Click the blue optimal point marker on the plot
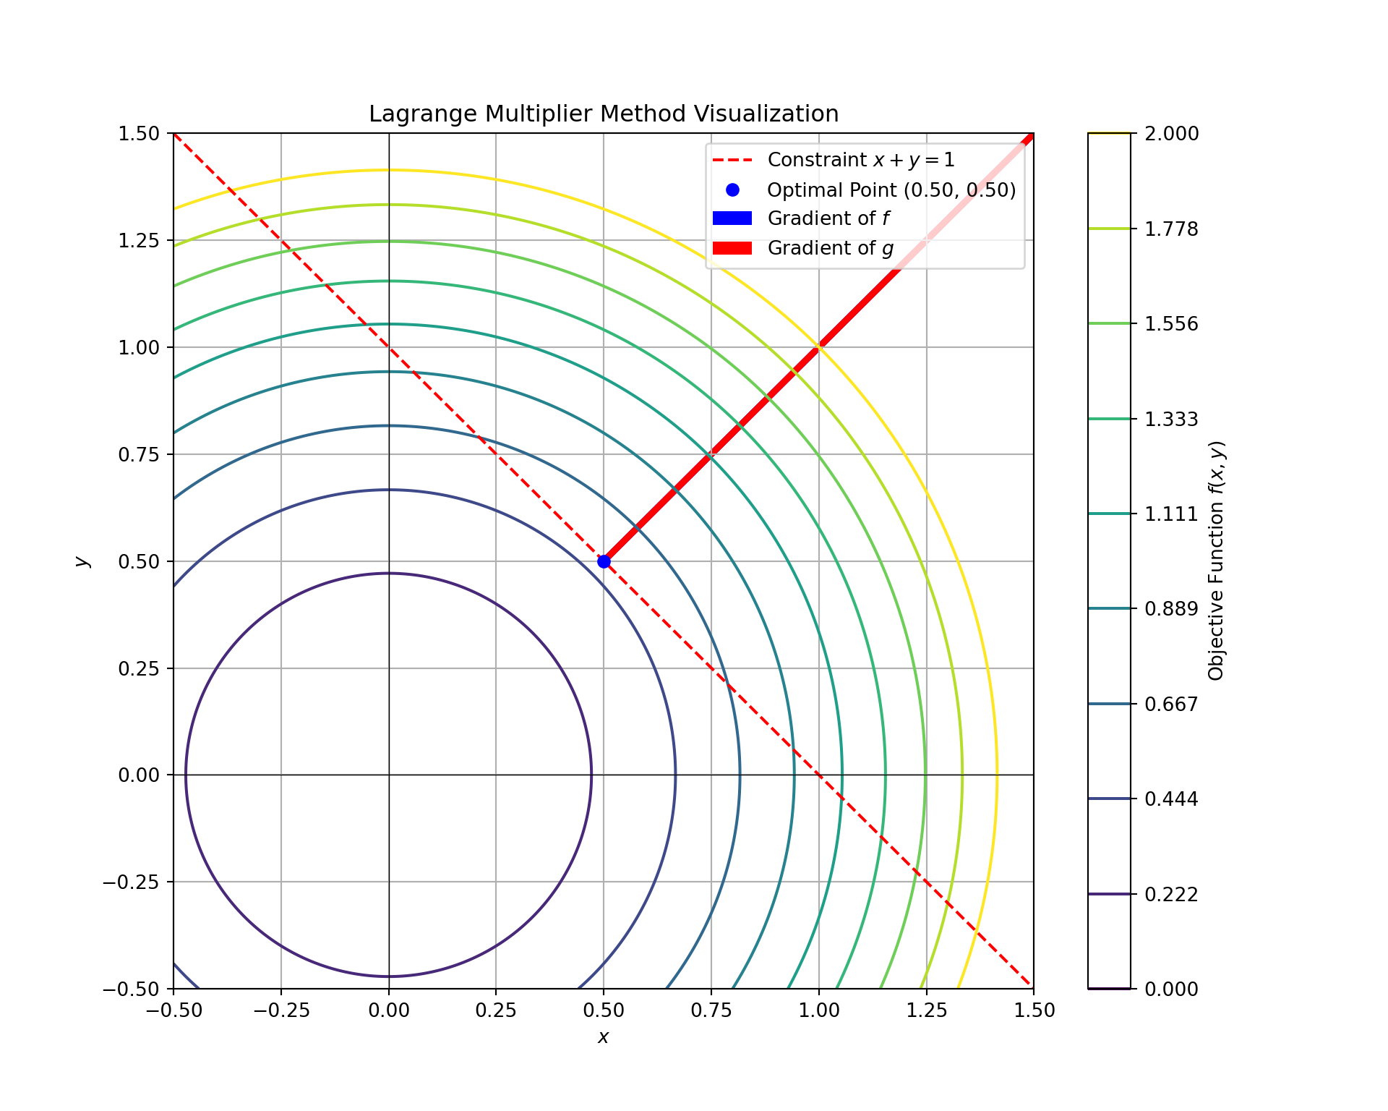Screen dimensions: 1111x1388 604,561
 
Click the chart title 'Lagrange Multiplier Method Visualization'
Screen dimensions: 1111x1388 604,114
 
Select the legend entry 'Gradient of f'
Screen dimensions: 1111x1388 828,218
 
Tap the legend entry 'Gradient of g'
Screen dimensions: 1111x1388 830,248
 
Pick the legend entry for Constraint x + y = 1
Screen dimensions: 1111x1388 860,160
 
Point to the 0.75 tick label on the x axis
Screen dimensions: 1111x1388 711,1010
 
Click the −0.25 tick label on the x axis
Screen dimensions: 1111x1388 280,1010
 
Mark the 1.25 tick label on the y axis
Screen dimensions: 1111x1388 139,240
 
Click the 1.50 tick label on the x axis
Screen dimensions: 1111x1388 1033,1010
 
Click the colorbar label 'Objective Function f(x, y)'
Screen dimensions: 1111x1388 1216,561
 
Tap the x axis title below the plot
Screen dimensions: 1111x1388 604,1037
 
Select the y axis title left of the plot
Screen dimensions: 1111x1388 82,561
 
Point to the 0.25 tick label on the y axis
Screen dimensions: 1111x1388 139,668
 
